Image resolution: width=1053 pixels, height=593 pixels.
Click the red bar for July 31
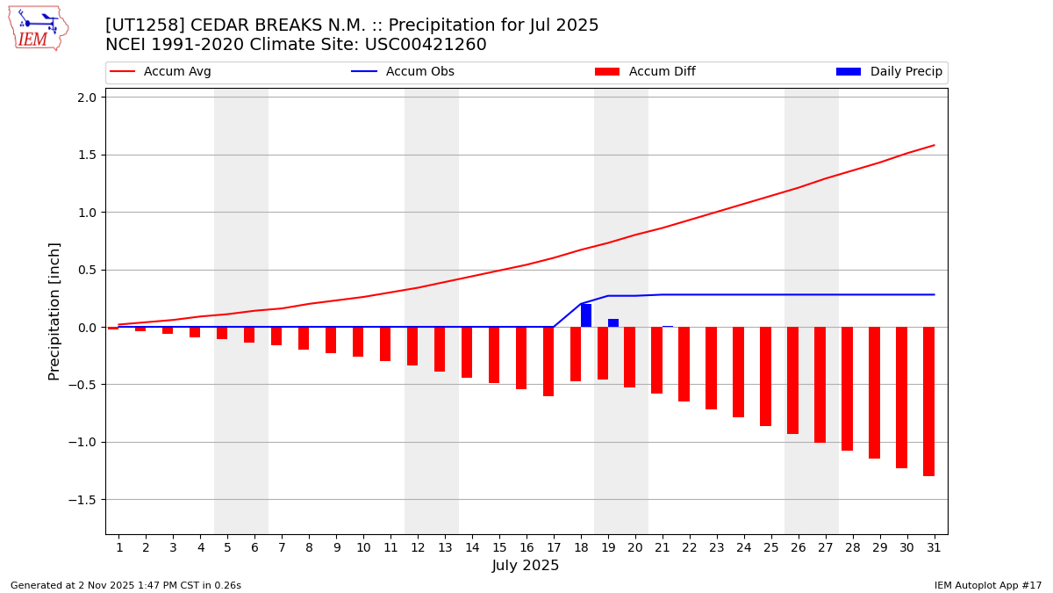click(x=928, y=401)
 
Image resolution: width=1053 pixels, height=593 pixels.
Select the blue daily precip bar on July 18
click(x=586, y=315)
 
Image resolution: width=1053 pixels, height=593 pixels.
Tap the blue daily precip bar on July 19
click(x=613, y=322)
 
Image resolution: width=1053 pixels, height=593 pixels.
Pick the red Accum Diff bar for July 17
click(x=548, y=361)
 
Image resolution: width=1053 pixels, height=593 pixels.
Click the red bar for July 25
click(x=765, y=376)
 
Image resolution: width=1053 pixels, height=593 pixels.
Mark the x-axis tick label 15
click(x=499, y=547)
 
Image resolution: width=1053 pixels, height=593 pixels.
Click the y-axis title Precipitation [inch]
click(x=54, y=311)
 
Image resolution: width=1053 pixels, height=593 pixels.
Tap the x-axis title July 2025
click(x=526, y=566)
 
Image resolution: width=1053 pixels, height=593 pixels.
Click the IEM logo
click(x=38, y=28)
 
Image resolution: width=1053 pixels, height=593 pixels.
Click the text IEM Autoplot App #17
click(x=987, y=585)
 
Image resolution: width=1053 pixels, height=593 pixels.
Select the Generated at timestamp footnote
click(x=125, y=585)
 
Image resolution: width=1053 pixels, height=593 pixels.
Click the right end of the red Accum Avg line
click(x=934, y=145)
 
